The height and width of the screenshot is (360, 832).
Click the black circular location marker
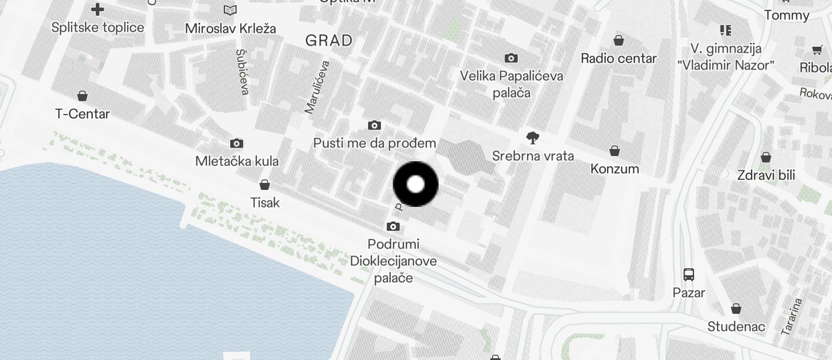coord(415,184)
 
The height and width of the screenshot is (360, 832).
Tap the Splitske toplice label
coord(98,27)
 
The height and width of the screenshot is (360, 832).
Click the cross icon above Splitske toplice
coord(98,9)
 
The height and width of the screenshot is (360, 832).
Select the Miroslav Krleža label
coord(231,28)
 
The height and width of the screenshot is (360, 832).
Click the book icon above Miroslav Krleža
coord(231,10)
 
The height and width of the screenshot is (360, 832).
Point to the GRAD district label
coord(329,40)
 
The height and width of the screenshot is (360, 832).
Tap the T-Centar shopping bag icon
coord(82,96)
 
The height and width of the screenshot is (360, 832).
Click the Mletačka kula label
coord(237,161)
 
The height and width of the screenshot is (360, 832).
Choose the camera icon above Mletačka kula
coord(237,143)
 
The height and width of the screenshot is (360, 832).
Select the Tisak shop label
coord(265,203)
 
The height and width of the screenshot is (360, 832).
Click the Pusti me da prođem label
coord(375,143)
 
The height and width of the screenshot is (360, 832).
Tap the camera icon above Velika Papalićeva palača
coord(511,58)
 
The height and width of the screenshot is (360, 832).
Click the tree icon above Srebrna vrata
coord(532,138)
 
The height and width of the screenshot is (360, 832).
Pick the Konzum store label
coord(615,169)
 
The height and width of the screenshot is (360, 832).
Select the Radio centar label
coord(619,58)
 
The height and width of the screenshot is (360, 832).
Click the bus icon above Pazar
coord(689,274)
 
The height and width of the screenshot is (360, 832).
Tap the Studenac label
coord(736,326)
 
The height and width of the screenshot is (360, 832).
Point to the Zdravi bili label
coord(766,175)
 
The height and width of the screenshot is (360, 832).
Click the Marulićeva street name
coord(317,86)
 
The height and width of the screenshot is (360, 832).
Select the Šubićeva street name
coord(243,71)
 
